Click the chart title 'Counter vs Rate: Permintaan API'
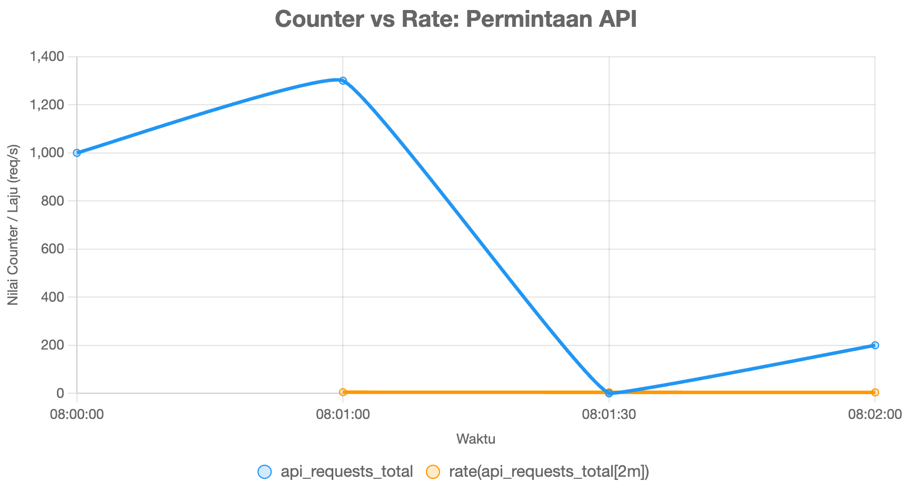pos(455,19)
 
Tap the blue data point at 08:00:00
pos(77,153)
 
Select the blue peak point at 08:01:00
pos(343,80)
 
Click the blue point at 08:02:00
pos(875,345)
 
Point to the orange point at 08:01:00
pos(343,392)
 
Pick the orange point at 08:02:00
pos(875,393)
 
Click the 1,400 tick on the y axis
pos(47,56)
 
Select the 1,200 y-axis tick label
pos(47,105)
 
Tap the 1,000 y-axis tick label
pos(47,152)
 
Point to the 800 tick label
pos(53,201)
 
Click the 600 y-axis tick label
pos(53,249)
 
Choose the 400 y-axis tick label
pos(53,297)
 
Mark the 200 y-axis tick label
pos(53,345)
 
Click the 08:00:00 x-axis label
pos(77,415)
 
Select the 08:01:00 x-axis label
pos(343,415)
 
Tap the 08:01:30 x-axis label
pos(609,415)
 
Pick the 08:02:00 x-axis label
pos(875,415)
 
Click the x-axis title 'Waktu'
pos(475,439)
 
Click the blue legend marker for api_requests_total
pos(265,471)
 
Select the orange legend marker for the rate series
pos(433,471)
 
